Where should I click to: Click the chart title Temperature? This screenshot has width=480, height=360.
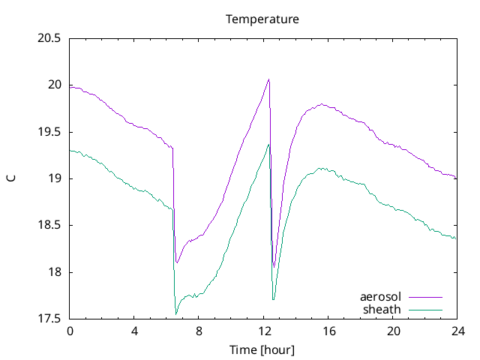pyautogui.click(x=262, y=19)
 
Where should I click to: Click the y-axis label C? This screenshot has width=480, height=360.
pyautogui.click(x=10, y=178)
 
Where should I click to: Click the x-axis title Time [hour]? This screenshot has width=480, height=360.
pyautogui.click(x=262, y=349)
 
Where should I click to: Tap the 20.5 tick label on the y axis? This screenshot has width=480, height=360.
pyautogui.click(x=49, y=38)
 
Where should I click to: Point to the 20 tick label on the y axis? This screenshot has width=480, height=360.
pyautogui.click(x=55, y=85)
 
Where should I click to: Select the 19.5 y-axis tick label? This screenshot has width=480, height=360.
pyautogui.click(x=49, y=132)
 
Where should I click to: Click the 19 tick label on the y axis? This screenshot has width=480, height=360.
pyautogui.click(x=55, y=178)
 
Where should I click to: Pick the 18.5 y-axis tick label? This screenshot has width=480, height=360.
pyautogui.click(x=49, y=225)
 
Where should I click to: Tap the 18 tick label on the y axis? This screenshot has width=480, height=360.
pyautogui.click(x=55, y=272)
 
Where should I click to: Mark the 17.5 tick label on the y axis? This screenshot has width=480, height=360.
pyautogui.click(x=49, y=319)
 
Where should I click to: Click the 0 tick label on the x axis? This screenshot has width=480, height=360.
pyautogui.click(x=70, y=331)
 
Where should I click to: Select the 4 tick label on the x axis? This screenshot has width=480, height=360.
pyautogui.click(x=134, y=331)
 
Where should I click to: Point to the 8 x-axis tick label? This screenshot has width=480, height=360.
pyautogui.click(x=199, y=331)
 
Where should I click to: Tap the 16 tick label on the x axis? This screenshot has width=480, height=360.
pyautogui.click(x=328, y=331)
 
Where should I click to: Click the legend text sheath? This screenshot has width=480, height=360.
pyautogui.click(x=382, y=309)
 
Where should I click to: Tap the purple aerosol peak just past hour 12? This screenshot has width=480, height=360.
pyautogui.click(x=268, y=79)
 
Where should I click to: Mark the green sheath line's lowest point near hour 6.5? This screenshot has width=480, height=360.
pyautogui.click(x=176, y=314)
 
